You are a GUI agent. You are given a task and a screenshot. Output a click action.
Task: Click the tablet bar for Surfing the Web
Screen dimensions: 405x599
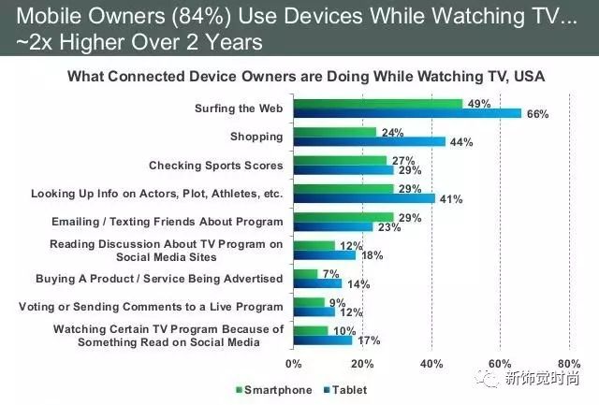(x=407, y=114)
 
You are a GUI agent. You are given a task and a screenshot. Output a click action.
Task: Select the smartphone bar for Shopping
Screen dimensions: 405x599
(x=334, y=133)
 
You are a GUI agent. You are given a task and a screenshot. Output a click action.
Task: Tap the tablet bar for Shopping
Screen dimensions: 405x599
(x=369, y=142)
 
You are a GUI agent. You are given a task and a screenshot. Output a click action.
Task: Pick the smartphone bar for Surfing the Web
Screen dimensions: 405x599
(x=378, y=104)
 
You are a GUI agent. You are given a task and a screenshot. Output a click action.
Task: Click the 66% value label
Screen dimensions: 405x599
(x=537, y=114)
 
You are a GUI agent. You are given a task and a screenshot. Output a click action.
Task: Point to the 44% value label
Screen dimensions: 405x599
(x=460, y=142)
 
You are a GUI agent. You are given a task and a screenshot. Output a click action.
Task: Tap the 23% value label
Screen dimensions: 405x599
(x=387, y=226)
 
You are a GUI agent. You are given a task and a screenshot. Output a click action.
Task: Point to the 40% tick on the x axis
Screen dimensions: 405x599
(x=431, y=364)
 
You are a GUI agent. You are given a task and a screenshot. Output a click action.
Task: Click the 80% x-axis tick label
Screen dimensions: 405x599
(x=568, y=364)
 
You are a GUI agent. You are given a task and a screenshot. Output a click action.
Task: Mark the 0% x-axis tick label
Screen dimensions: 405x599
(x=294, y=364)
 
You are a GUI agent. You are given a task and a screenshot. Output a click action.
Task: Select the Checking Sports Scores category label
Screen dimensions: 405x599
(x=215, y=166)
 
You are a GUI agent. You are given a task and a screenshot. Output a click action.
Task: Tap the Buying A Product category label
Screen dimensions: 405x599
(x=159, y=279)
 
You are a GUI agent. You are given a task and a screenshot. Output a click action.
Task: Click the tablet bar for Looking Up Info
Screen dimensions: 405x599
(x=364, y=198)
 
